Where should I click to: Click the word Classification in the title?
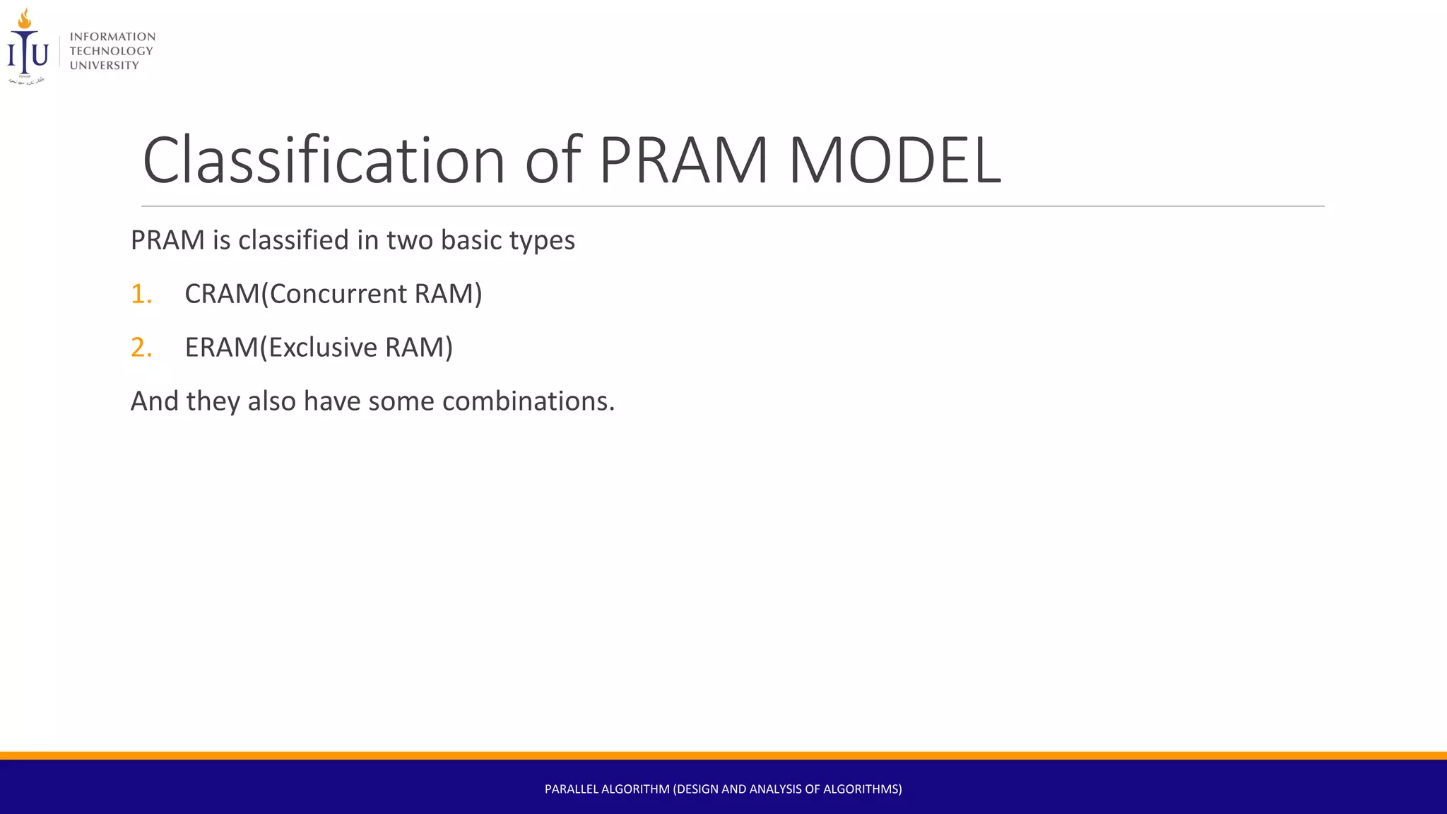coord(324,161)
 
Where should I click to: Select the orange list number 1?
coord(141,294)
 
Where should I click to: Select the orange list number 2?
coord(141,348)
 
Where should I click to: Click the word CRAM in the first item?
coord(221,294)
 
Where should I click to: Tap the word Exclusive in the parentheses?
coord(323,348)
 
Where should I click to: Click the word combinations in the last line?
coord(528,401)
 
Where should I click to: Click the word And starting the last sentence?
coord(155,401)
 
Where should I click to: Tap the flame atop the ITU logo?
coord(25,18)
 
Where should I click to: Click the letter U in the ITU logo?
coord(40,54)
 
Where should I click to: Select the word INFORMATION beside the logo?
coord(112,37)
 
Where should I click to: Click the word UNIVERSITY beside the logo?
coord(104,66)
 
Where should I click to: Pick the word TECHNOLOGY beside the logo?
coord(111,51)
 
